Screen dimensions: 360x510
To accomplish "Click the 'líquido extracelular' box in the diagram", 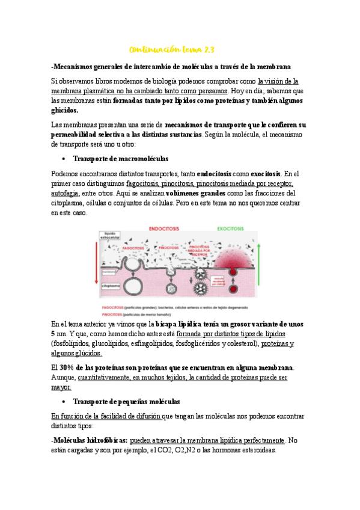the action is (x=112, y=235).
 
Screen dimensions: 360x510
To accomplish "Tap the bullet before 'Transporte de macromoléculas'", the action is (x=64, y=159).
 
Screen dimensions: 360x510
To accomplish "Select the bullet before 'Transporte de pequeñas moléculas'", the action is (x=64, y=401).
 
